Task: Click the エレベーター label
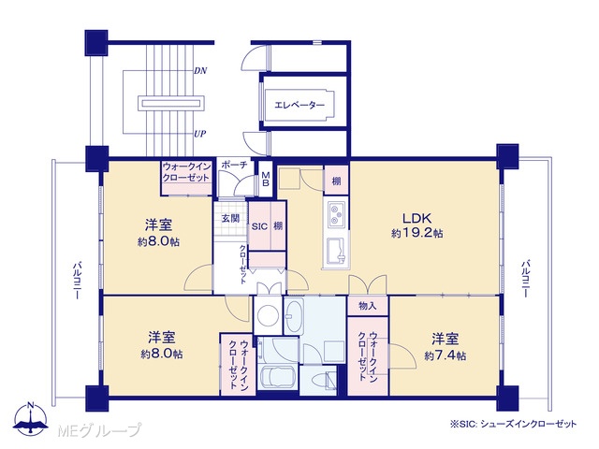(299, 105)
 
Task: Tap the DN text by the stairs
(200, 71)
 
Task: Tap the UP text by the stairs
(199, 134)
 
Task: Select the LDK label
(416, 218)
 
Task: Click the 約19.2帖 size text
(416, 233)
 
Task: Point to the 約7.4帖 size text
(445, 355)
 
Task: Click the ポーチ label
(235, 165)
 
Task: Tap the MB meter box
(266, 179)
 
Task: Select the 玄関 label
(231, 218)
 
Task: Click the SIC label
(259, 226)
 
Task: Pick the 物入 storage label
(368, 306)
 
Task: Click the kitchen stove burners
(336, 214)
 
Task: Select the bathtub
(276, 376)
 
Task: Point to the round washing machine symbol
(269, 315)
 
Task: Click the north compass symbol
(31, 418)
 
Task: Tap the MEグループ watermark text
(98, 431)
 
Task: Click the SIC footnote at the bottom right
(513, 424)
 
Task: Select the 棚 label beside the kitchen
(336, 181)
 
